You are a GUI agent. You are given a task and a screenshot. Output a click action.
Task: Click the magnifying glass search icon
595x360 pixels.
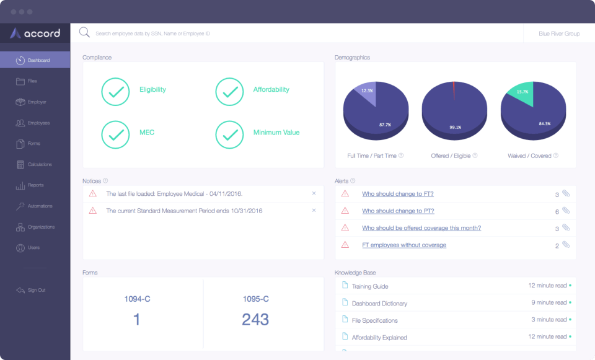(x=84, y=33)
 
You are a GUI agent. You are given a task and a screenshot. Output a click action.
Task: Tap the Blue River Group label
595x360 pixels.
(x=559, y=33)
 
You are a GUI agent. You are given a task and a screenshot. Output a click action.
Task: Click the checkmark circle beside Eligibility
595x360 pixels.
(x=115, y=92)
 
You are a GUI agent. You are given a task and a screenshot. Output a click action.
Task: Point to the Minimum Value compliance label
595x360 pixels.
(x=276, y=132)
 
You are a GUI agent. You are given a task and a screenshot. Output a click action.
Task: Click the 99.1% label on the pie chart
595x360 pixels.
(x=456, y=127)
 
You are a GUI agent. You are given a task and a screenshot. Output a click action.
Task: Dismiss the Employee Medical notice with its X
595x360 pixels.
(x=314, y=193)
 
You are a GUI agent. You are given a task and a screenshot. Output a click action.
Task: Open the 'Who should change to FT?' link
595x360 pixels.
(x=397, y=194)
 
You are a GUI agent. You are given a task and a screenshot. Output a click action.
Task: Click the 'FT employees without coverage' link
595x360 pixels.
(x=403, y=245)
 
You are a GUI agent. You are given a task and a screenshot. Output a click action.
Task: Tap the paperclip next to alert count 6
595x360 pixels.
(x=566, y=211)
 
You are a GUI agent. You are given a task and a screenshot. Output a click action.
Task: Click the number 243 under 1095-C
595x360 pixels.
(x=255, y=319)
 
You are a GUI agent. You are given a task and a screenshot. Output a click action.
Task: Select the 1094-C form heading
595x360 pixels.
(x=137, y=299)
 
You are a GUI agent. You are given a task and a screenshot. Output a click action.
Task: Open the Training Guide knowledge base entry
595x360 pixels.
(x=369, y=286)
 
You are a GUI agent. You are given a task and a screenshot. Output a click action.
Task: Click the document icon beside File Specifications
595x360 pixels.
(x=346, y=320)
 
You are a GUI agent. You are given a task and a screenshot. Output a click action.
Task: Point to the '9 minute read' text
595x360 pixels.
(x=549, y=303)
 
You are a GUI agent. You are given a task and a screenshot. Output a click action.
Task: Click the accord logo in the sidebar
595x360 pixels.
(x=35, y=33)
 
